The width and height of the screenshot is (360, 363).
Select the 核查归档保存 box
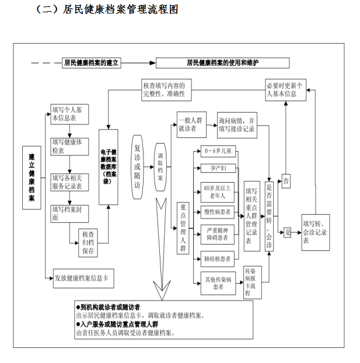(x=88, y=242)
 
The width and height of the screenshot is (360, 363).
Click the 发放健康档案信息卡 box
(x=81, y=278)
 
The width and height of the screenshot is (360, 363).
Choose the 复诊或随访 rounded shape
(x=137, y=166)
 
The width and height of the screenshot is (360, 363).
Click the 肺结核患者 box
(x=218, y=258)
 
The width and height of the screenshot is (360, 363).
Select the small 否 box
(x=286, y=182)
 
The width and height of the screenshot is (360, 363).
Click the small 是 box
(x=287, y=232)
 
